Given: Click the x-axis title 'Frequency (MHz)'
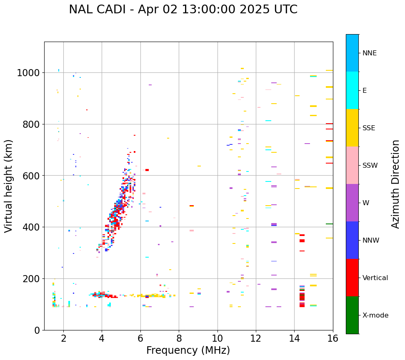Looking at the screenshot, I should (188, 350).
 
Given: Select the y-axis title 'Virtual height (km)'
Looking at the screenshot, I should (9, 186).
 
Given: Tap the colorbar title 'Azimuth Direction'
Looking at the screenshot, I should (395, 184).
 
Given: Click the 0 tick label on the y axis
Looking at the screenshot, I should (37, 330).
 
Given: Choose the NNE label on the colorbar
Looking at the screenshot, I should (369, 53).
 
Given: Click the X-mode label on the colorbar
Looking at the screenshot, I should (375, 315).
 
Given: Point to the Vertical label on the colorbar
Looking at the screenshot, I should (375, 278).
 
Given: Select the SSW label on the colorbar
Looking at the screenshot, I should (370, 166).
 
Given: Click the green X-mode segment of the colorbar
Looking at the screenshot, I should (352, 315).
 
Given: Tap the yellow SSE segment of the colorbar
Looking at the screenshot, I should (352, 128).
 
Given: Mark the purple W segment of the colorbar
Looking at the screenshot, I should (352, 203).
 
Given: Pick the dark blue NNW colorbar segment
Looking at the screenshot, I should (352, 240).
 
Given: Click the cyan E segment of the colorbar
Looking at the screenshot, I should (352, 90).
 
